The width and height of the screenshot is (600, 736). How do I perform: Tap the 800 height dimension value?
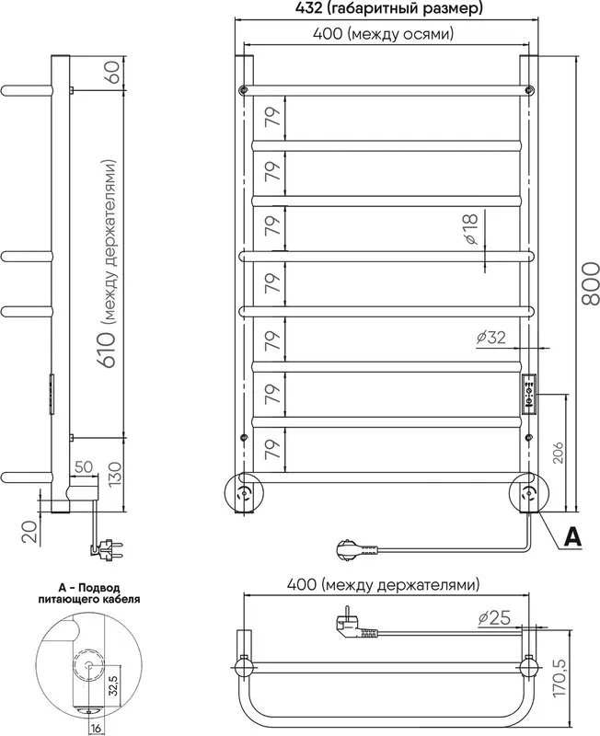590,283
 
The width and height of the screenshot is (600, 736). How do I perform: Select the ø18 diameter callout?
470,228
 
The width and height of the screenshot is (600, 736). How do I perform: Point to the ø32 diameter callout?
491,337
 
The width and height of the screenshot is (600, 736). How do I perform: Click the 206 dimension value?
558,452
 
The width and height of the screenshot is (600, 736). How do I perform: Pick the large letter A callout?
572,536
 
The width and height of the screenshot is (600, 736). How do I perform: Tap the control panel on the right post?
529,395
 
